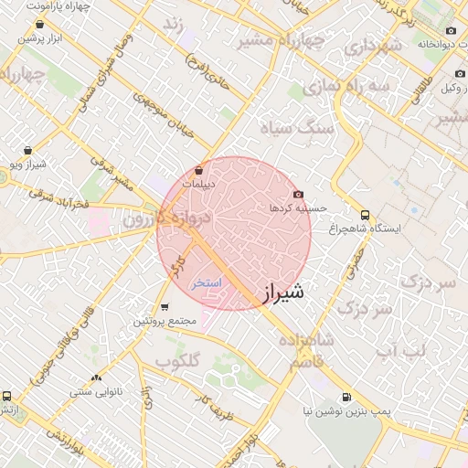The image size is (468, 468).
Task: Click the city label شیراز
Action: (282, 293)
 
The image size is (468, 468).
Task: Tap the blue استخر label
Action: (207, 282)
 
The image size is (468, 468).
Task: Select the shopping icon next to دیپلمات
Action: (199, 170)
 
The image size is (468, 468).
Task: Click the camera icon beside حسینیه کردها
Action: (298, 194)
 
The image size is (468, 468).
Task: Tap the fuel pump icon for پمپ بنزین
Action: (346, 398)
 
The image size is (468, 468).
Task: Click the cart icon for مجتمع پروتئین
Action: (165, 307)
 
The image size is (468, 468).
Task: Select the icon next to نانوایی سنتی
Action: (95, 377)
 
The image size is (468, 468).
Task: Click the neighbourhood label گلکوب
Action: (177, 361)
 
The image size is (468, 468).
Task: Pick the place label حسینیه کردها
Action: (292, 208)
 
